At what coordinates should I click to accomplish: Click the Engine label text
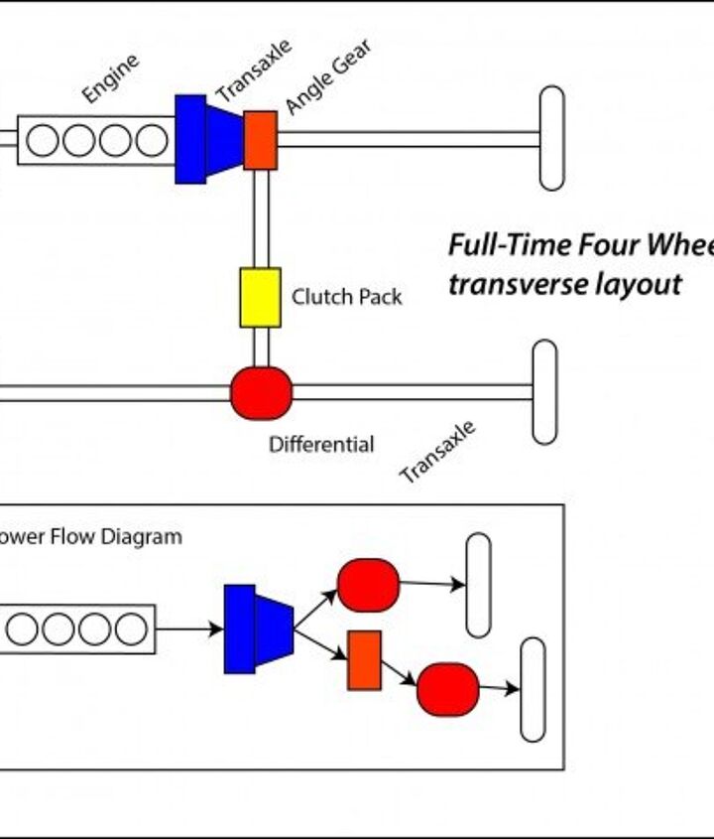pos(110,78)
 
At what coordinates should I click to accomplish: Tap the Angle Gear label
pos(328,77)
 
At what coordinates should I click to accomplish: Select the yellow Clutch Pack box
pos(260,297)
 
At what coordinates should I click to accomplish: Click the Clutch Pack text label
pos(346,297)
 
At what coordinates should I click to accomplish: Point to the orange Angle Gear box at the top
pos(260,140)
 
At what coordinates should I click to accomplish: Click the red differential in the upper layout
pos(261,393)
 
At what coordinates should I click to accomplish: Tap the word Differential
pos(321,445)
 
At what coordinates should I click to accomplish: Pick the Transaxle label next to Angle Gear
pos(254,70)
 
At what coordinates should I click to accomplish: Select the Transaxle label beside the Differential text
pos(437,452)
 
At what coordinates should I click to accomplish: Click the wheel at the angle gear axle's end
pos(551,138)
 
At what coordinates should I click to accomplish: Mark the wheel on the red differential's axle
pos(544,392)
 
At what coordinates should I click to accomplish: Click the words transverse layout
pos(564,285)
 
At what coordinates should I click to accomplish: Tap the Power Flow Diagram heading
pos(89,537)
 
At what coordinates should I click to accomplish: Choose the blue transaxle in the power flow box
pos(258,629)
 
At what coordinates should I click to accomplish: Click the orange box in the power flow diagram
pos(364,660)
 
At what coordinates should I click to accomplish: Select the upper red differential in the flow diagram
pos(368,585)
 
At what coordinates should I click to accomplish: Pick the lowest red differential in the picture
pos(448,689)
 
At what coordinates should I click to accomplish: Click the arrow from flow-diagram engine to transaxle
pos(189,629)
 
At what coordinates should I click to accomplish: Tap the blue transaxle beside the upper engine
pos(208,139)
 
